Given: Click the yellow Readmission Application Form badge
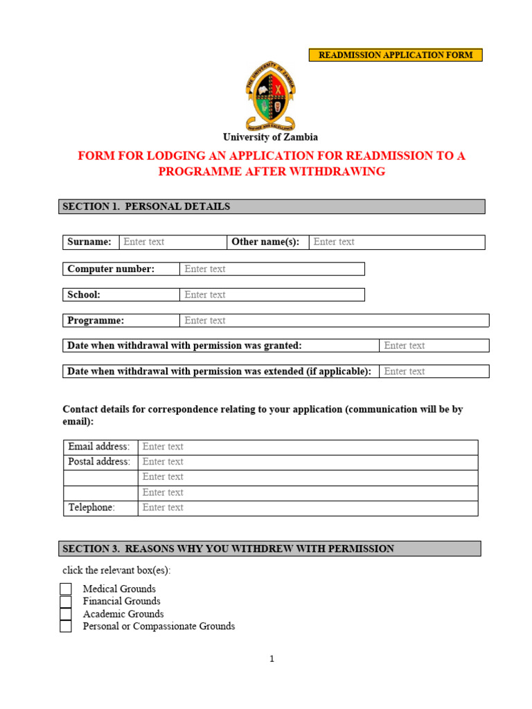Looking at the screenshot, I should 396,55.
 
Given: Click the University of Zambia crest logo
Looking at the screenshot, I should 272,96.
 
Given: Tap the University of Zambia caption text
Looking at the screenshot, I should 270,137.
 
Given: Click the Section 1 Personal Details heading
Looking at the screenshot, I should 272,206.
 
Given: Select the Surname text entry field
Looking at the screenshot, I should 172,242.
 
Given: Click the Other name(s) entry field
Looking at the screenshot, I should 396,242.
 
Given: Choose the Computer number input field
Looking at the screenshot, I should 272,269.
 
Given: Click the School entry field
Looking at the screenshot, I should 272,294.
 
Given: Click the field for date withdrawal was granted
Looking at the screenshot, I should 434,345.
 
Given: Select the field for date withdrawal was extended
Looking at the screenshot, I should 434,371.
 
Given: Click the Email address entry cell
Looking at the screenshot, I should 308,447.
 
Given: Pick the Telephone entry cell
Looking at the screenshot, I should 308,508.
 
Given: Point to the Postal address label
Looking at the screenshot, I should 99,462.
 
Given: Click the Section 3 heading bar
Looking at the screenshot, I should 269,549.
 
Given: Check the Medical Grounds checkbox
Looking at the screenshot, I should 66,589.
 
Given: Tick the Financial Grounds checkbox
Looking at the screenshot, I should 66,602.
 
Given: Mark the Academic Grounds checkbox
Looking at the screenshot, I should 66,614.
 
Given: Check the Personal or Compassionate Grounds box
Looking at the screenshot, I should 66,627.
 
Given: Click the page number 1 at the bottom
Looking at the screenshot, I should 272,659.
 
